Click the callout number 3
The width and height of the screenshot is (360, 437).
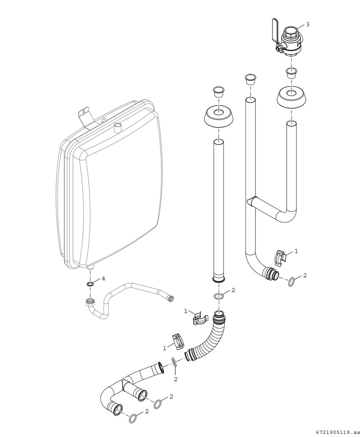(308, 24)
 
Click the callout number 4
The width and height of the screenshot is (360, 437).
(103, 278)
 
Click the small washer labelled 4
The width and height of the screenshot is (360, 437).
(90, 284)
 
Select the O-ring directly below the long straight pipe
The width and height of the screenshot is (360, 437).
(219, 296)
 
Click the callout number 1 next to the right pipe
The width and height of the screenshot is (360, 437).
(296, 251)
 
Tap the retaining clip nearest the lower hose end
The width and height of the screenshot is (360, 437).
(178, 341)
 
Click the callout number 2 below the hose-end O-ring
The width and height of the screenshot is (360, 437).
(176, 379)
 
